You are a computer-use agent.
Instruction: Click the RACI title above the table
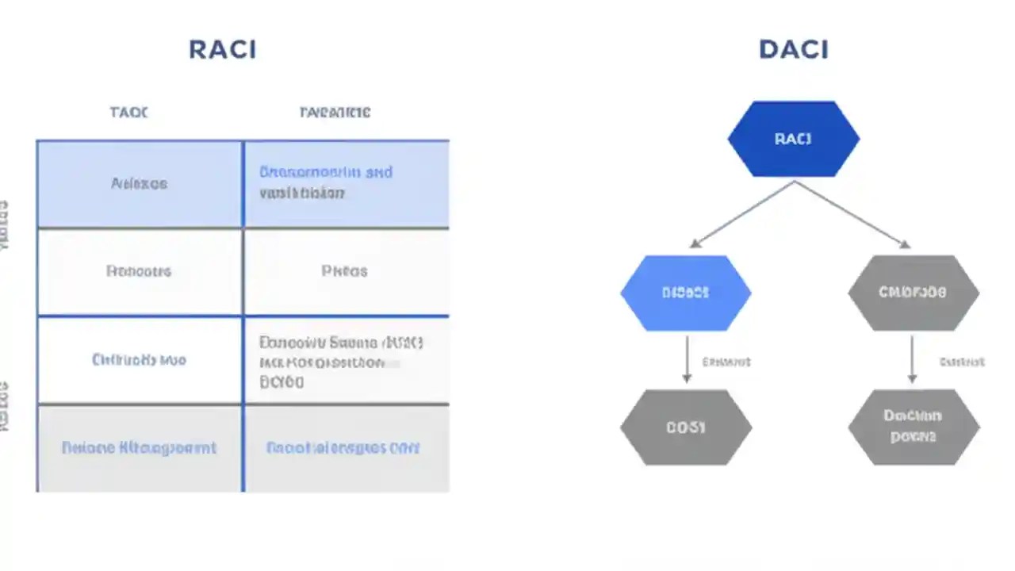point(222,49)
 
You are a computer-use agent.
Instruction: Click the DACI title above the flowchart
point(793,49)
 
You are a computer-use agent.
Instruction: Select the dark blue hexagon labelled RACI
point(793,139)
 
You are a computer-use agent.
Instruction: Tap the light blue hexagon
point(685,293)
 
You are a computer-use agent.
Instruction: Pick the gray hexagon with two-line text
point(913,427)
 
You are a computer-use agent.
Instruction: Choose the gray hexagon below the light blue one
point(685,427)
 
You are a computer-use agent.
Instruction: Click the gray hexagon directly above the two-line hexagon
point(913,293)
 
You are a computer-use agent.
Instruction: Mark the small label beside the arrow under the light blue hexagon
point(726,362)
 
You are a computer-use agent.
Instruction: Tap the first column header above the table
point(128,113)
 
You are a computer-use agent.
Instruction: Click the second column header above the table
point(335,113)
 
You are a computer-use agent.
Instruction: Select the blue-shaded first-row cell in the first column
point(140,184)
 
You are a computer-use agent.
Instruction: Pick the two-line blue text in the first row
point(325,182)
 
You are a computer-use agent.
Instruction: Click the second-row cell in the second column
point(345,271)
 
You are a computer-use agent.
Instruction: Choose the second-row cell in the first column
point(140,271)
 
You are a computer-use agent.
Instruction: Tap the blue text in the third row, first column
point(140,360)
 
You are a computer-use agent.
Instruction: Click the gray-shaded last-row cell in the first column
point(140,448)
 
